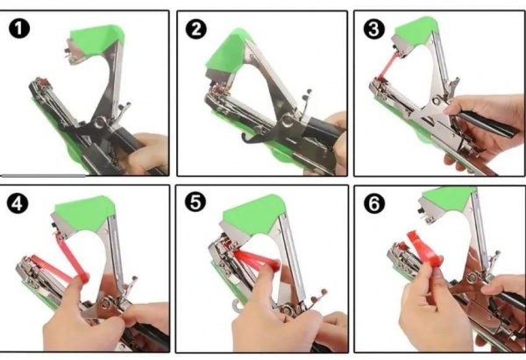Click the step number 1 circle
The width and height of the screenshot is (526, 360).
click(x=19, y=29)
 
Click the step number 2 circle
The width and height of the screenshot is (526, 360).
click(x=196, y=29)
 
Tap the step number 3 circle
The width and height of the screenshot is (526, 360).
click(x=373, y=29)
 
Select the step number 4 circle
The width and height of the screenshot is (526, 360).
click(x=18, y=203)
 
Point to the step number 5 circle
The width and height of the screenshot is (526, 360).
click(x=195, y=202)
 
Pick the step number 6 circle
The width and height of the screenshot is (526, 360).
click(x=373, y=203)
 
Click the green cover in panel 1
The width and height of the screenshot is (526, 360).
click(x=96, y=40)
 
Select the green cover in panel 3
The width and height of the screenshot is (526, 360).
click(x=416, y=30)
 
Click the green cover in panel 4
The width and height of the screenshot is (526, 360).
click(x=86, y=213)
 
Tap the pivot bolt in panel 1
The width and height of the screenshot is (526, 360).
click(x=99, y=123)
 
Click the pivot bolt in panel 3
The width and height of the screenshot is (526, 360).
click(x=437, y=100)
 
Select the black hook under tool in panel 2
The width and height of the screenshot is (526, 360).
click(x=252, y=138)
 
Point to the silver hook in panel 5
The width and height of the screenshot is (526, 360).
click(x=238, y=306)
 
